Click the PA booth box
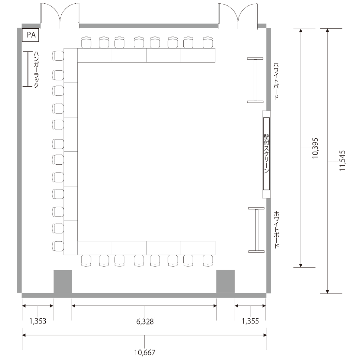[30, 35]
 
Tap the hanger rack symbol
[28, 69]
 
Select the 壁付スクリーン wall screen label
[267, 153]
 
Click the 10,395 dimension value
[315, 148]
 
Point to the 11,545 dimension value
[342, 161]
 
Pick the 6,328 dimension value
[145, 321]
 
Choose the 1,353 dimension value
[38, 321]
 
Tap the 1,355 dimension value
[250, 321]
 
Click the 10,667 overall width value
[145, 352]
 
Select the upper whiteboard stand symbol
[255, 80]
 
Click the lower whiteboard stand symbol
[256, 230]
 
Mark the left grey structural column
[63, 282]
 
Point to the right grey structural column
[225, 282]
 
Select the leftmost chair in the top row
[86, 42]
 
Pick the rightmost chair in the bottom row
[208, 260]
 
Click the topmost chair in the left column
[58, 56]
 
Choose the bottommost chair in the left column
[58, 246]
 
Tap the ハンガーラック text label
[36, 70]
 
